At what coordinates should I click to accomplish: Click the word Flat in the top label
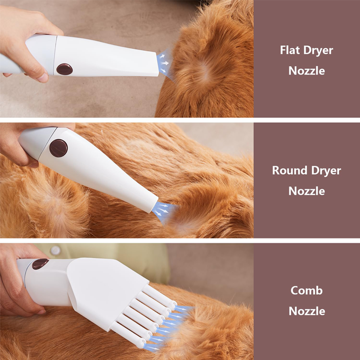(x=290, y=50)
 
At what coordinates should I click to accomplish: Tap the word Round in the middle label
(x=290, y=171)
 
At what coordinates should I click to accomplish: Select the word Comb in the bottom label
(x=306, y=291)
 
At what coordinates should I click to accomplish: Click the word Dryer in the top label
(x=318, y=51)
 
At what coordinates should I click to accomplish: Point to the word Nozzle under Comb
(x=307, y=311)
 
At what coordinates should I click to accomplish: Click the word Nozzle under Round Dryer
(x=307, y=191)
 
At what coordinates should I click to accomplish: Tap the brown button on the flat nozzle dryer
(x=64, y=69)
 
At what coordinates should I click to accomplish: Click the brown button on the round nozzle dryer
(x=58, y=148)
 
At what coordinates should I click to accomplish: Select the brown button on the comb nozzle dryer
(x=40, y=264)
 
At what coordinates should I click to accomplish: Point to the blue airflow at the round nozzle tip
(x=164, y=211)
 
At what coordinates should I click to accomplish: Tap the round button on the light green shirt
(x=55, y=250)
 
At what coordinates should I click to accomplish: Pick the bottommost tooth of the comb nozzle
(x=128, y=336)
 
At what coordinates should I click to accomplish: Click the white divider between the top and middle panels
(x=180, y=120)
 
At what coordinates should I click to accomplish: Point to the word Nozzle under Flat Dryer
(x=307, y=71)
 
